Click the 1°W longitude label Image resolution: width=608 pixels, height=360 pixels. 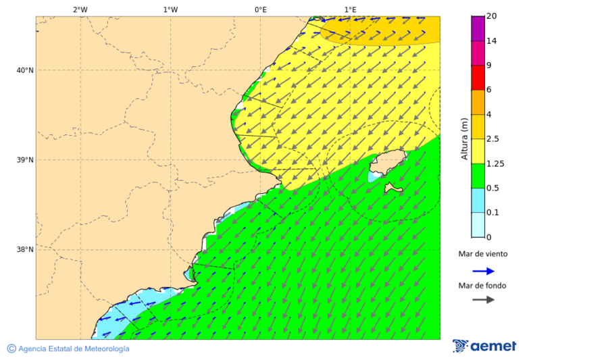point(170,9)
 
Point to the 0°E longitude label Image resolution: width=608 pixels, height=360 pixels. point(260,9)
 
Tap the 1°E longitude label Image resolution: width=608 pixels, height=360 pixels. point(351,9)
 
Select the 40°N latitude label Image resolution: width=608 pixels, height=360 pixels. point(25,70)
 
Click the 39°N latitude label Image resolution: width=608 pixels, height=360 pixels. point(25,160)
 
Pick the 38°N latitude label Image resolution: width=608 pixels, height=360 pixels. point(25,250)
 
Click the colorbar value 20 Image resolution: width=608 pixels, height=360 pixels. point(492,16)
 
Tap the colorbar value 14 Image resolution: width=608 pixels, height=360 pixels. point(492,41)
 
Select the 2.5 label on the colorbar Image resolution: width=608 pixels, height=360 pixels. point(494,139)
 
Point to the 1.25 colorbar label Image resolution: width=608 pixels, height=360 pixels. point(496,164)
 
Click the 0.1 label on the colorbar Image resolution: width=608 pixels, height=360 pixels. point(494,213)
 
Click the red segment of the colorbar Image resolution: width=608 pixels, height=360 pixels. point(478,78)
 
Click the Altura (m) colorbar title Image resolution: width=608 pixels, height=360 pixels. point(464,138)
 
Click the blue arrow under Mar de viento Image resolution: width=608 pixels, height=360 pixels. point(483,271)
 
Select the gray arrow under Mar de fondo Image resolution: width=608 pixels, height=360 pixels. point(483,300)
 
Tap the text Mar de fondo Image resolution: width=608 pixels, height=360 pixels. point(482,286)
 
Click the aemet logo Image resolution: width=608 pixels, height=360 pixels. point(484,346)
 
